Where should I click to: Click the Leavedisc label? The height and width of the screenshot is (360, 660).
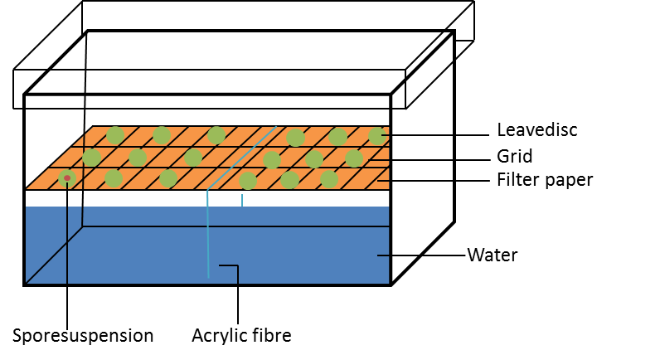click(536, 130)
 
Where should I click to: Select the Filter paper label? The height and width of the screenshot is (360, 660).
click(544, 179)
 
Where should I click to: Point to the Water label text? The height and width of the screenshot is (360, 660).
click(493, 255)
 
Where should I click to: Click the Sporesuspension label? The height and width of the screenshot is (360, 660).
click(83, 335)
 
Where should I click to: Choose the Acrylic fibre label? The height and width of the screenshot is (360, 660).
click(242, 335)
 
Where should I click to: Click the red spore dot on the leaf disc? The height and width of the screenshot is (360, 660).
click(67, 178)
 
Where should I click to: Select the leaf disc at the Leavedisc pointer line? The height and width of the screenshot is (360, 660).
click(377, 136)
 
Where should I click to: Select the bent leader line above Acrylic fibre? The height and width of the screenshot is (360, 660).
click(238, 294)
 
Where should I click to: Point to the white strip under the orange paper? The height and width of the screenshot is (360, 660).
click(207, 192)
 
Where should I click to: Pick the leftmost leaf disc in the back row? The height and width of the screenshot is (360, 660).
click(115, 135)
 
